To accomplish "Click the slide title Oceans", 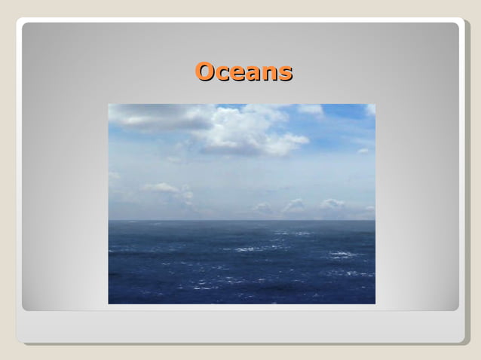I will click(244, 72).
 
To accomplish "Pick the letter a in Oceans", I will click(253, 74).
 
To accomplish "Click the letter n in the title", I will click(268, 74).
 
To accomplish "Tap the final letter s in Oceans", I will click(284, 74).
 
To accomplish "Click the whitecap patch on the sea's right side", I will click(343, 255).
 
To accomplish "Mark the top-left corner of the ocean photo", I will click(109, 104).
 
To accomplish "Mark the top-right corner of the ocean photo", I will click(375, 104).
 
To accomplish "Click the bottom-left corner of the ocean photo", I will click(109, 304).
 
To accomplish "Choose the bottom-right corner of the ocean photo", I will click(375, 304).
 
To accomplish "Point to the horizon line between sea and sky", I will click(241, 220).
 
